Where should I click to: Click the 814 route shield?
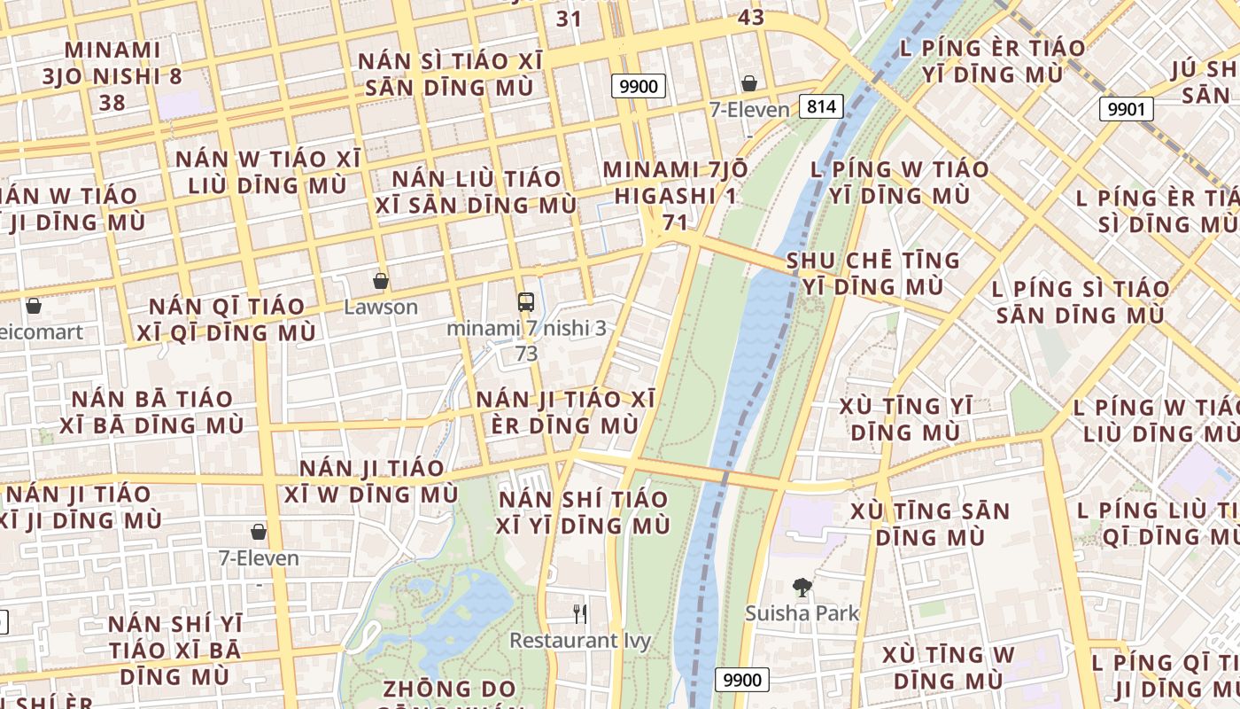(821, 107)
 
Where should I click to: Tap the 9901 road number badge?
(1127, 109)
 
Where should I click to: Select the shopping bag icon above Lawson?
(381, 281)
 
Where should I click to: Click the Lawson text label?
(381, 308)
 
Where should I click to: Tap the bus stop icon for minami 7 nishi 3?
(526, 301)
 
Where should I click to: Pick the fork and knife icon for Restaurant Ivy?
(580, 613)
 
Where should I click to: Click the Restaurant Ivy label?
(580, 640)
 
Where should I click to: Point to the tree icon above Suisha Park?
(802, 587)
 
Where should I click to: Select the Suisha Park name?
(802, 612)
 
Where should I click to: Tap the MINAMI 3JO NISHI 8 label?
(112, 75)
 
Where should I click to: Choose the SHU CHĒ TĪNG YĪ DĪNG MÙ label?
(873, 273)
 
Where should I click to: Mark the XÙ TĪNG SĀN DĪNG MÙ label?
(930, 524)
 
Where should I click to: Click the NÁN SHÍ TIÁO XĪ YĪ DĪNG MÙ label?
(584, 512)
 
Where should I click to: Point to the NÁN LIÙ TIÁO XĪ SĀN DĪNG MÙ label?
(477, 191)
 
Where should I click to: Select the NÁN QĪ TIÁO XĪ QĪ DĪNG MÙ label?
(227, 319)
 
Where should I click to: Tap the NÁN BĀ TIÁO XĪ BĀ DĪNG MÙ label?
(146, 412)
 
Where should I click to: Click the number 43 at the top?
(750, 17)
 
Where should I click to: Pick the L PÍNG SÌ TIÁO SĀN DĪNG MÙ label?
(1081, 301)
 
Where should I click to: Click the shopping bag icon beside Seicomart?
(34, 306)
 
